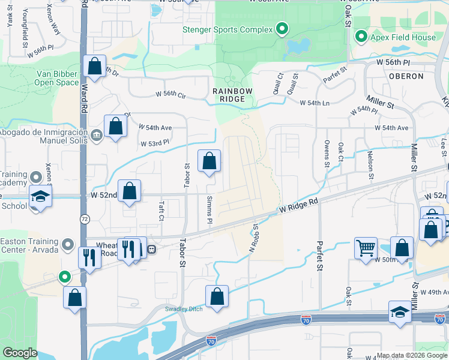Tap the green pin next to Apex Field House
(361, 37)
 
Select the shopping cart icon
(366, 247)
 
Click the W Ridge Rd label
(298, 207)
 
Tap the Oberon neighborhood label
(406, 76)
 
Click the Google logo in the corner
(20, 353)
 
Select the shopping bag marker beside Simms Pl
(209, 161)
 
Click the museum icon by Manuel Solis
(97, 134)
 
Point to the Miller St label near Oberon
(381, 105)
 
